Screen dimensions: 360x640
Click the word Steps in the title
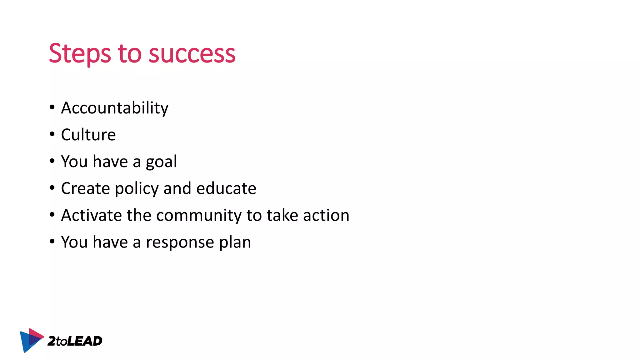click(80, 54)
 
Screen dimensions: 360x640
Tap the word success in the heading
click(192, 54)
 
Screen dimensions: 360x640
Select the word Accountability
click(115, 108)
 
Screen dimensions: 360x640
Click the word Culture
click(88, 135)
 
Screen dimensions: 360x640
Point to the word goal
click(161, 162)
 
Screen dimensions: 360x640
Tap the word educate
click(226, 188)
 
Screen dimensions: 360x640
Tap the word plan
click(235, 242)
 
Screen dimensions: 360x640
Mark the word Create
click(85, 188)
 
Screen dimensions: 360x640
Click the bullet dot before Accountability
click(52, 107)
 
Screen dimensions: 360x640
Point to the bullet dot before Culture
click(52, 134)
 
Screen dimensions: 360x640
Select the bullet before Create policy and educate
click(52, 188)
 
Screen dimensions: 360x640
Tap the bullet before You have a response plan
click(52, 242)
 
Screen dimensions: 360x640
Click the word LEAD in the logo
click(85, 341)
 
